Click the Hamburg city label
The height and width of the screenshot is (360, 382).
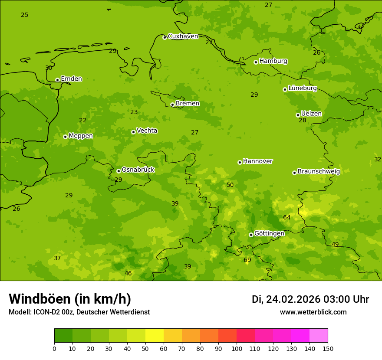pyautogui.click(x=273, y=61)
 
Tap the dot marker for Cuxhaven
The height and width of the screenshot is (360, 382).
pyautogui.click(x=165, y=37)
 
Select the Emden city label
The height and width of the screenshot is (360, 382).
pyautogui.click(x=71, y=79)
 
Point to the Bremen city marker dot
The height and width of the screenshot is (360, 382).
pyautogui.click(x=172, y=105)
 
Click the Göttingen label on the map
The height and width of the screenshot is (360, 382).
pyautogui.click(x=269, y=233)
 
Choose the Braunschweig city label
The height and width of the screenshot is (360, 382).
pyautogui.click(x=319, y=171)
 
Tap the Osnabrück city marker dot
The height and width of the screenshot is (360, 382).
pyautogui.click(x=119, y=171)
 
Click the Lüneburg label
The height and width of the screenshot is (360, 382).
pyautogui.click(x=302, y=88)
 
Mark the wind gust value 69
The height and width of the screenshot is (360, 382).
pyautogui.click(x=247, y=260)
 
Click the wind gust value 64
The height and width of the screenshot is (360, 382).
pyautogui.click(x=286, y=217)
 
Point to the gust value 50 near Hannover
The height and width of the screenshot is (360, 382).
pyautogui.click(x=230, y=185)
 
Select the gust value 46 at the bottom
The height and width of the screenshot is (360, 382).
pyautogui.click(x=128, y=273)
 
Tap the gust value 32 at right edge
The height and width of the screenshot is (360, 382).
pyautogui.click(x=377, y=160)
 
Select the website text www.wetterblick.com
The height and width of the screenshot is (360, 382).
pyautogui.click(x=313, y=312)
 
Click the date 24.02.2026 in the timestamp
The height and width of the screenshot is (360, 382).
pyautogui.click(x=293, y=299)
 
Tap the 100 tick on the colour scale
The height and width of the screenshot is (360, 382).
pyautogui.click(x=237, y=348)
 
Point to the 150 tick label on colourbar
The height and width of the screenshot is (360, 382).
pyautogui.click(x=328, y=348)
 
